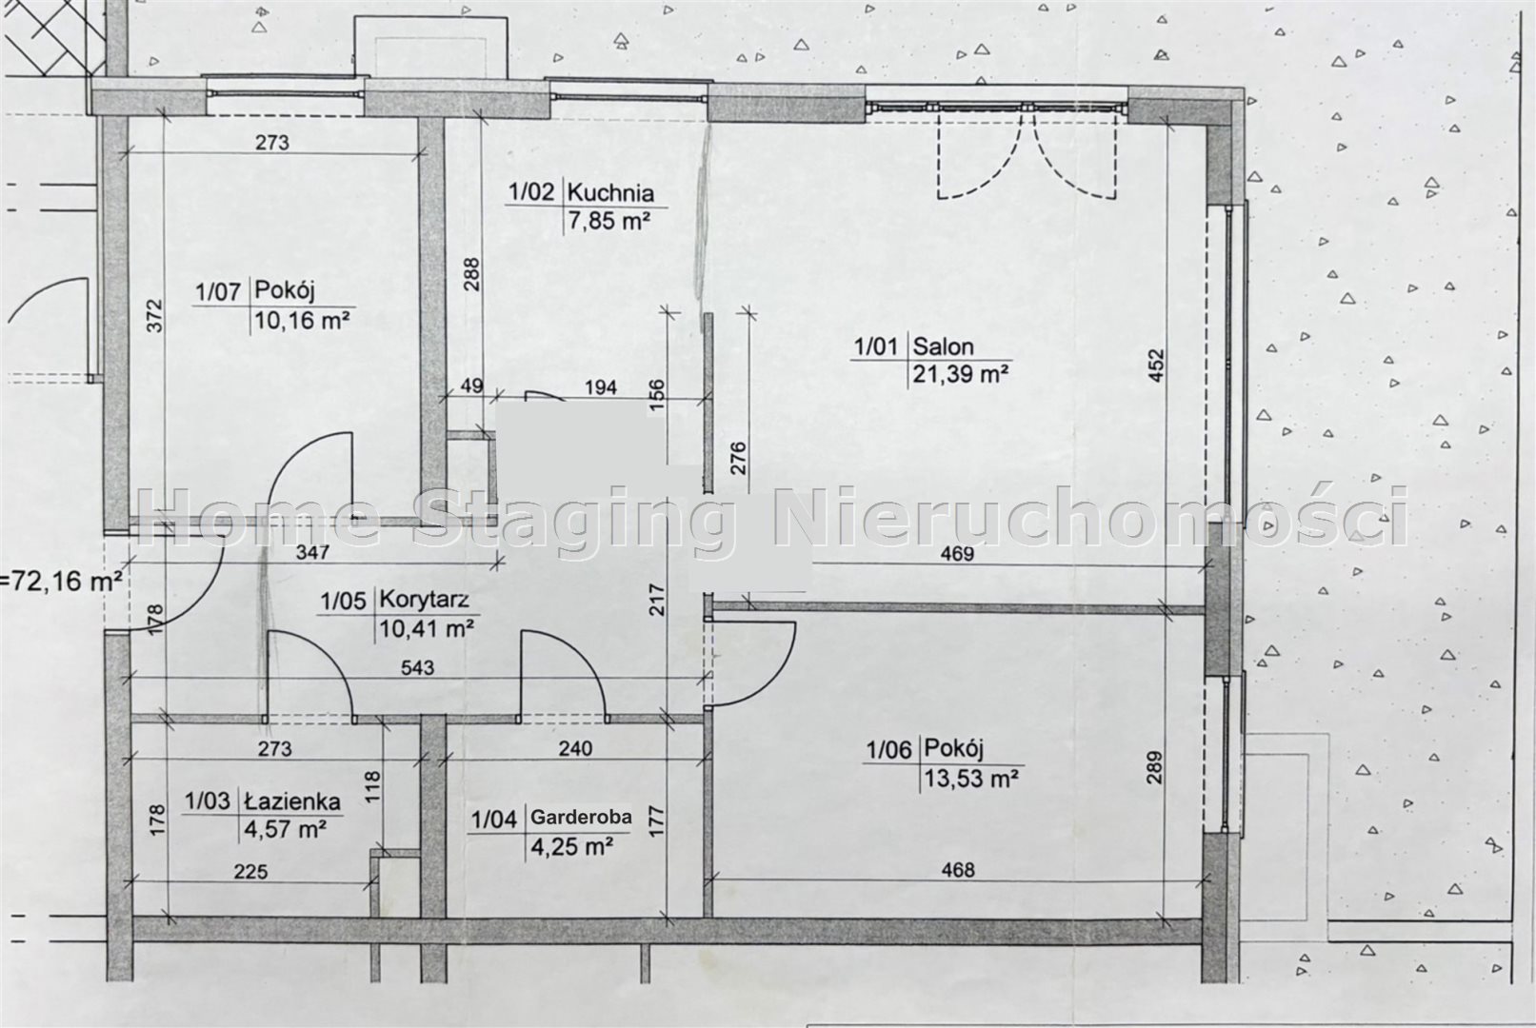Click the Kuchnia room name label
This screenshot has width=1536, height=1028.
[610, 192]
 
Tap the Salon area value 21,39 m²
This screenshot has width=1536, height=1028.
[960, 374]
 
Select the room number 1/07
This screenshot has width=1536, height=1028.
[218, 292]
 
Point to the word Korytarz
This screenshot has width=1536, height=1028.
[425, 600]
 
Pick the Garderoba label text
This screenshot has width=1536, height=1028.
[582, 817]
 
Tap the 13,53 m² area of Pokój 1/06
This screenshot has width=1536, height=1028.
[971, 779]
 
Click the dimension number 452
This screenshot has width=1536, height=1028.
[1155, 366]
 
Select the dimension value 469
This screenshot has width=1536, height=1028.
[957, 554]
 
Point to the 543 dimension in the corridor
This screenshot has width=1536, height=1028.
[417, 667]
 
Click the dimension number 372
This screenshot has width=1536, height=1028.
[155, 316]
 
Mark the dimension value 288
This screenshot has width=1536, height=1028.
[471, 274]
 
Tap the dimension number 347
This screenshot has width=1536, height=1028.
[312, 552]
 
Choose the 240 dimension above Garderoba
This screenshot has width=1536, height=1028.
[574, 748]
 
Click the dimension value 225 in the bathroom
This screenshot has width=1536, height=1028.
[250, 872]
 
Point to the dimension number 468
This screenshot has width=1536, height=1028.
[957, 870]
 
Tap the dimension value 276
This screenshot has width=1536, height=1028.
[738, 459]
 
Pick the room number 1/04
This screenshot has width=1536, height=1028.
[494, 820]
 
